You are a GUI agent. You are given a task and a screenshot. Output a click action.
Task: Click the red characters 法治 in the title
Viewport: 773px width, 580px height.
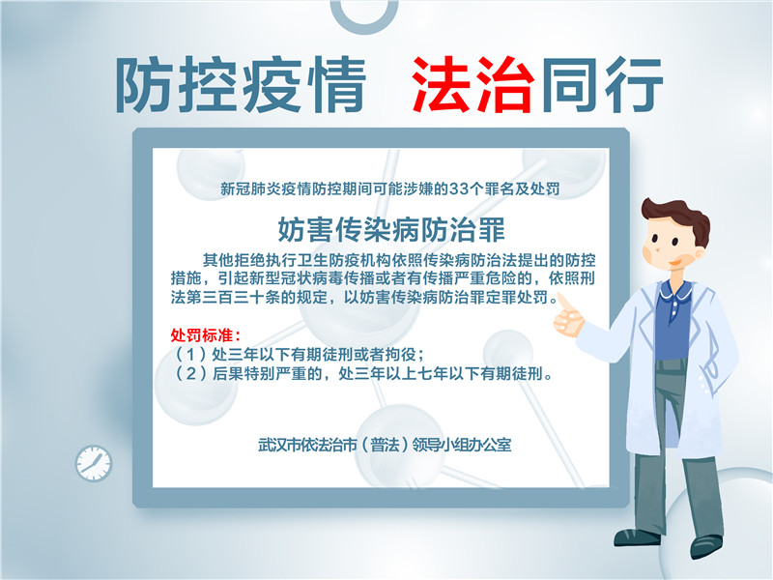coord(472,84)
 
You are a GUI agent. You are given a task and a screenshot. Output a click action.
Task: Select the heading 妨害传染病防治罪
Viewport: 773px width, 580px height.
coord(392,230)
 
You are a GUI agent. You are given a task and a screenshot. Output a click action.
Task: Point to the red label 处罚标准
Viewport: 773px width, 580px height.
coord(205,335)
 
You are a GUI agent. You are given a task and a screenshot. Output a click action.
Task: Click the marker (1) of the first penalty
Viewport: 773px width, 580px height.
coord(190,354)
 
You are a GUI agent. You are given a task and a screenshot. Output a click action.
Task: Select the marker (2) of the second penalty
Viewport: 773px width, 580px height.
coord(190,373)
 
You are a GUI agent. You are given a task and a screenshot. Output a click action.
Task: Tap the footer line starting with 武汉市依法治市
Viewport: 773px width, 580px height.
coord(385,445)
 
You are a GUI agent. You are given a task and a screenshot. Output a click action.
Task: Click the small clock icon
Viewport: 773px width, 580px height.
coord(94,464)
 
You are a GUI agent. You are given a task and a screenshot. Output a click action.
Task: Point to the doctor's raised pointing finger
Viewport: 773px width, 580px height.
coord(563,302)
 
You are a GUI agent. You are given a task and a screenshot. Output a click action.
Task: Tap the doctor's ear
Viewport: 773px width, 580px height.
coord(699,254)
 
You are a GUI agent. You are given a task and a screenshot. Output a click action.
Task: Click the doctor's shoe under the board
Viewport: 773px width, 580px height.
coord(637,537)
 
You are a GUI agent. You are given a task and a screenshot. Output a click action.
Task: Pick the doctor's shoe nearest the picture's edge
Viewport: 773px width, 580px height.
coord(706,546)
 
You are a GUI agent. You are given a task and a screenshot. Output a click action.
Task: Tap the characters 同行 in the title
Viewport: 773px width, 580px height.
coord(601,84)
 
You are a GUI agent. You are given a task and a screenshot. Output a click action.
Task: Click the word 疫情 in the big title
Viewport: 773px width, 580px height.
coord(304,84)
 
